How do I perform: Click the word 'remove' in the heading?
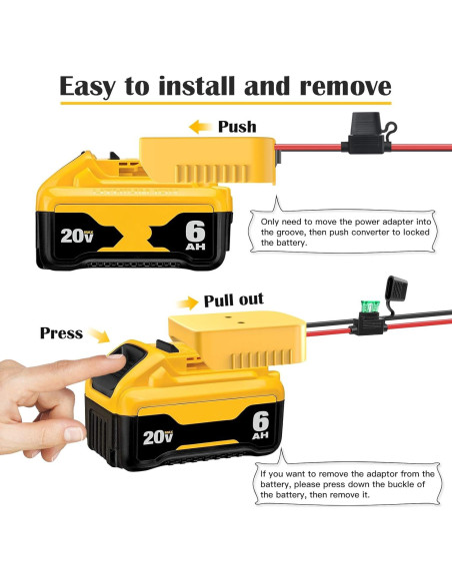346,86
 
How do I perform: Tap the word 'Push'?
237,127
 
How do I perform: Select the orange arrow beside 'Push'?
200,127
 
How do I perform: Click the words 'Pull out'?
233,299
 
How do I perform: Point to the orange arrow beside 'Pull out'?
188,302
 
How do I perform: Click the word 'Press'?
61,333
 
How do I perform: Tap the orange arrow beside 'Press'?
99,335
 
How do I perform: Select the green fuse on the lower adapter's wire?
370,306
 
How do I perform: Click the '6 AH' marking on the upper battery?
195,236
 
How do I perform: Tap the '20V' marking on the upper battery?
77,236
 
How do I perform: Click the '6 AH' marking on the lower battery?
261,425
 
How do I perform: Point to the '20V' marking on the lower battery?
158,437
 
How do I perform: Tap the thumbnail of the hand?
74,434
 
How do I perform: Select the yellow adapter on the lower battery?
238,338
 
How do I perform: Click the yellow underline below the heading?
226,103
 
